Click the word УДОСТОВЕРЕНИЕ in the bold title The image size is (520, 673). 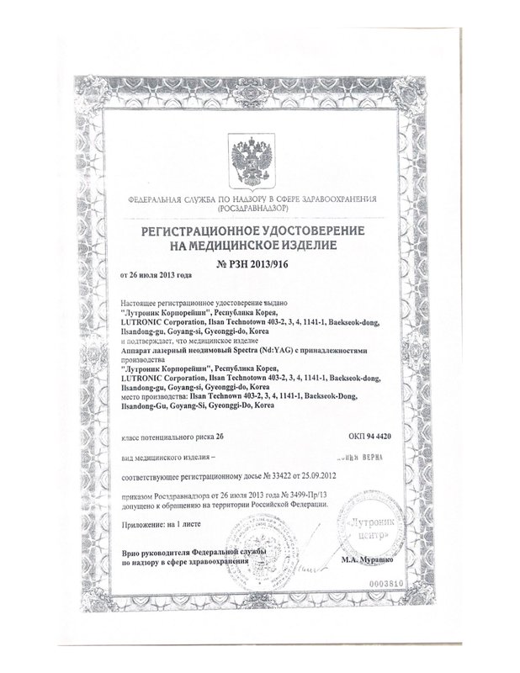pos(305,230)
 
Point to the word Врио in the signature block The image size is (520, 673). pos(131,549)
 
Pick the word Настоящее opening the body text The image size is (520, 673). pos(146,300)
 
